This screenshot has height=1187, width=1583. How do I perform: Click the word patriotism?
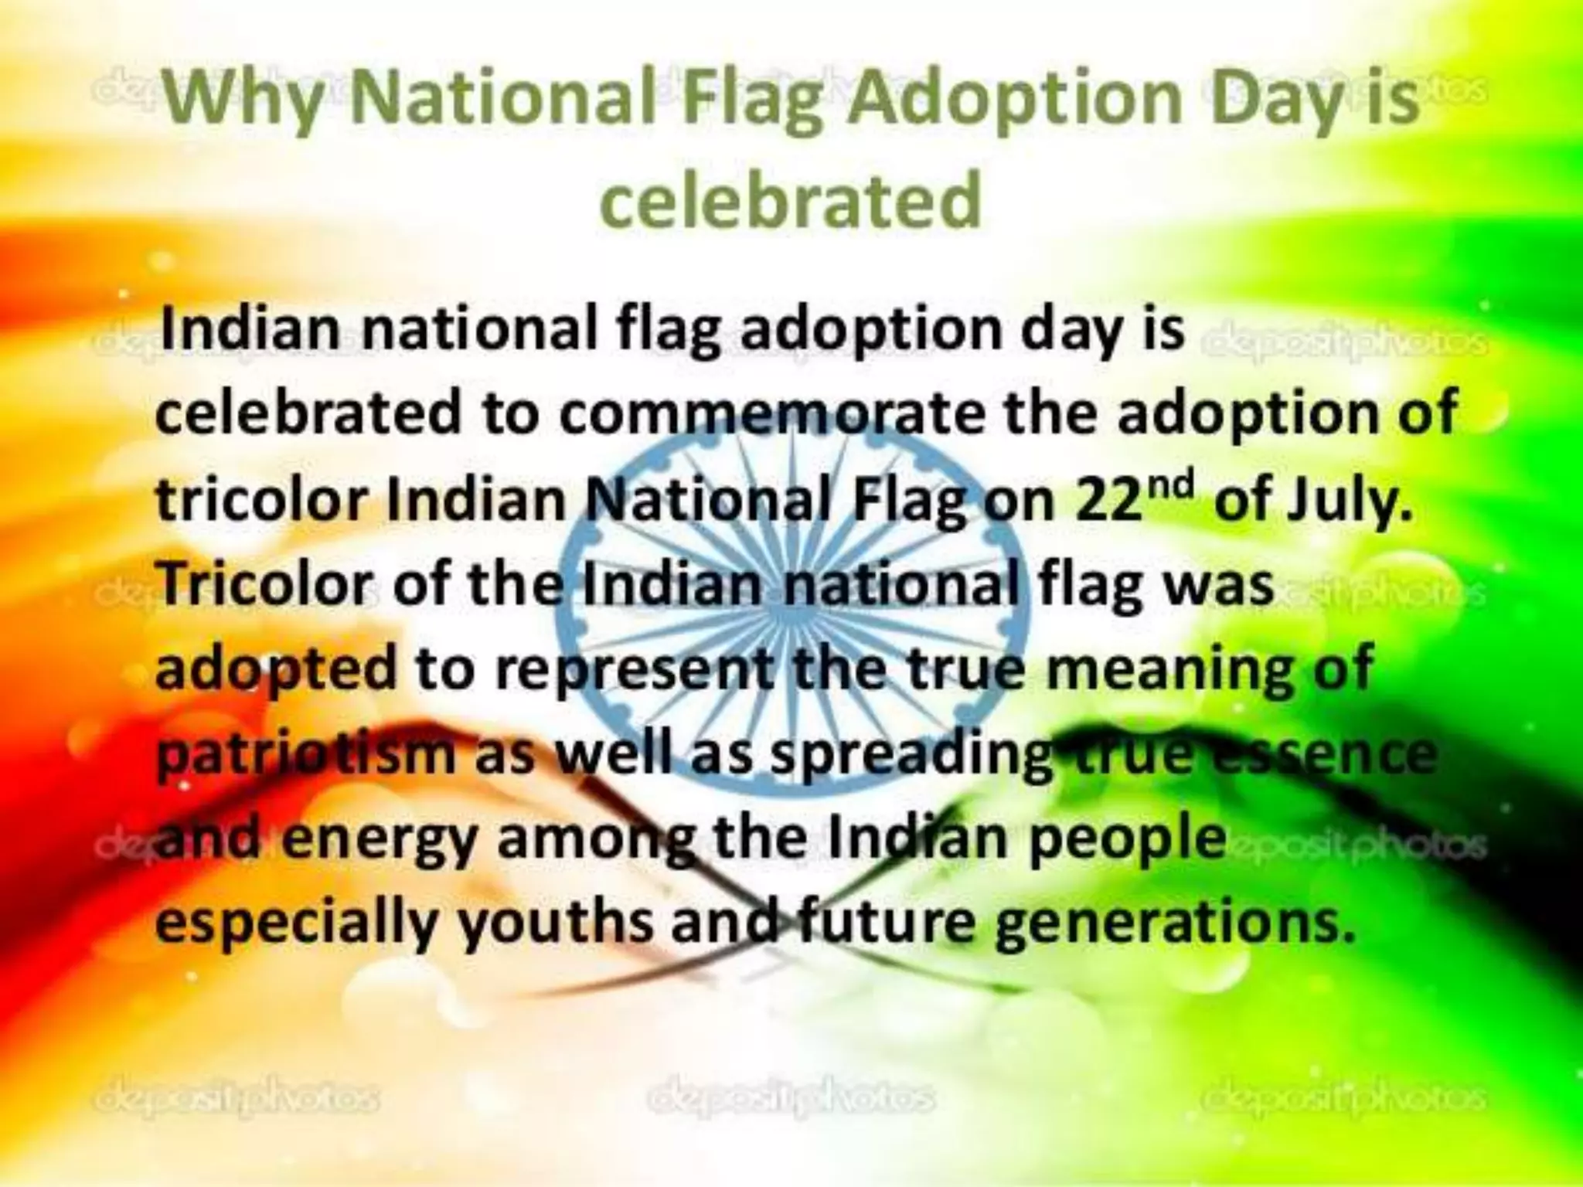coord(306,753)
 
